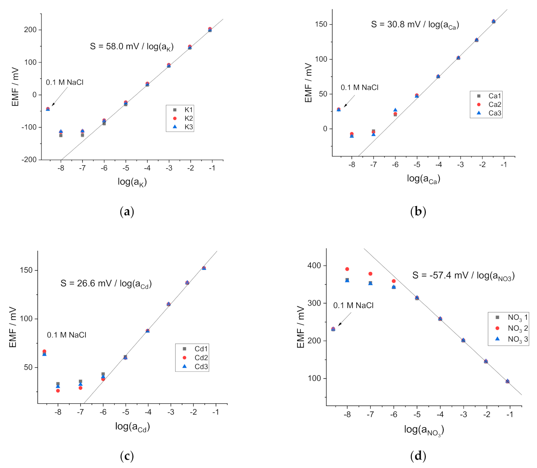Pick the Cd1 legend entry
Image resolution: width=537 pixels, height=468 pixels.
pyautogui.click(x=195, y=349)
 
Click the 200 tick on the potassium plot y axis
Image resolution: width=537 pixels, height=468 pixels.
pyautogui.click(x=30, y=30)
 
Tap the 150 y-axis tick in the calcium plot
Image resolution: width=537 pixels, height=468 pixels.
pyautogui.click(x=321, y=24)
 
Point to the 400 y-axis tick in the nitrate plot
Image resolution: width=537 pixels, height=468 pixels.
pyautogui.click(x=314, y=266)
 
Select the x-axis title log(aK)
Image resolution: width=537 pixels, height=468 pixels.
pyautogui.click(x=132, y=182)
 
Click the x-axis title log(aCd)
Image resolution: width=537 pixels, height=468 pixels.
pyautogui.click(x=132, y=427)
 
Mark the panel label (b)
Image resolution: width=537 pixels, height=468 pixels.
pyautogui.click(x=418, y=212)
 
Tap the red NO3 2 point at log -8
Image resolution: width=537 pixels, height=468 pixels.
pyautogui.click(x=347, y=269)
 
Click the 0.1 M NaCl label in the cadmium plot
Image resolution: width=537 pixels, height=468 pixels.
pyautogui.click(x=66, y=335)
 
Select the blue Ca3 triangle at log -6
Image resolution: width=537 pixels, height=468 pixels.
pyautogui.click(x=395, y=110)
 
